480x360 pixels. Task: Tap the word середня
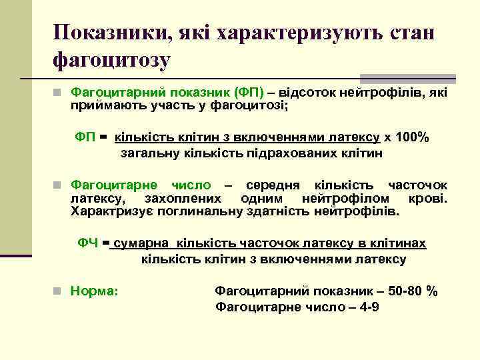[x=269, y=185]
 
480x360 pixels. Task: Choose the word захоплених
[x=182, y=199]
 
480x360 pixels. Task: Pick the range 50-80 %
[x=414, y=291]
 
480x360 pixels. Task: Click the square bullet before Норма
[x=59, y=291]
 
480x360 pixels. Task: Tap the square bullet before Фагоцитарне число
[x=59, y=185]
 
